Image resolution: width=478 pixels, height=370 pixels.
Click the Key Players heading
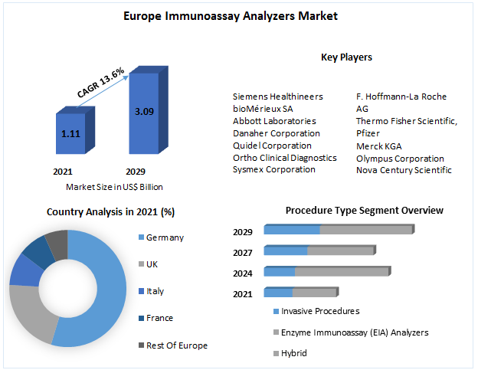[346, 57]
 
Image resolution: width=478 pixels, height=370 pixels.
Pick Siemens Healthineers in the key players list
[277, 97]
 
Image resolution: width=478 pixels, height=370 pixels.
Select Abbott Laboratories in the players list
[274, 121]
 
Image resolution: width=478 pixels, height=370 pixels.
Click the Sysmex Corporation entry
[273, 169]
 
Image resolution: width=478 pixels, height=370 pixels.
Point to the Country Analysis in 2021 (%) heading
[110, 211]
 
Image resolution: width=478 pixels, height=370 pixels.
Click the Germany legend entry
[165, 237]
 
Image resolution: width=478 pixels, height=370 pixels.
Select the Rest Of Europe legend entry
[176, 345]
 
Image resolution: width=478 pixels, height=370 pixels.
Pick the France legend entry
[159, 318]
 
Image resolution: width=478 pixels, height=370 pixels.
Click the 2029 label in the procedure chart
[242, 231]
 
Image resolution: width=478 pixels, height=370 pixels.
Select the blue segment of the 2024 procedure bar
[280, 272]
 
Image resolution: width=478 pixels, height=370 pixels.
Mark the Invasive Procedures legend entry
[319, 311]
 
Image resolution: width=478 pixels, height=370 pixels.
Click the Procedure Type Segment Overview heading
[364, 210]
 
